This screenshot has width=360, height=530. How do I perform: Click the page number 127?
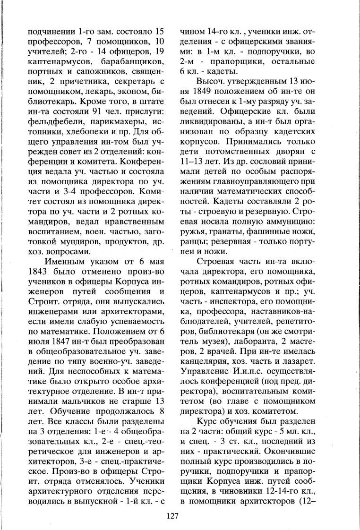click(x=172, y=515)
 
